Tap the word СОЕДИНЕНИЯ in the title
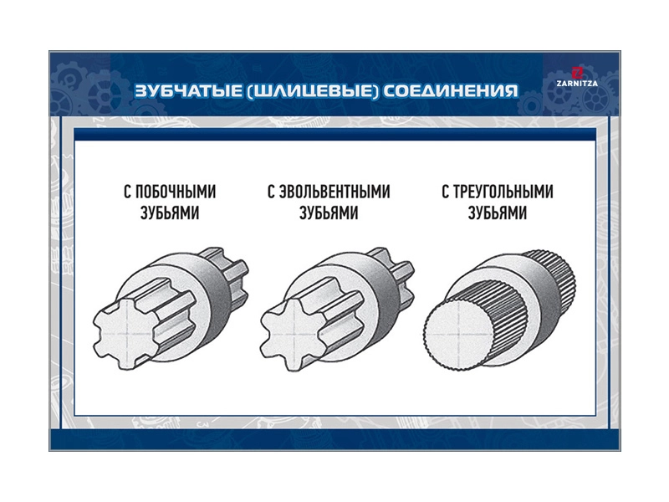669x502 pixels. (x=451, y=90)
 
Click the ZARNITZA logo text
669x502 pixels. (x=577, y=84)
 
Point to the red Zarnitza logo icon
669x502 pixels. (x=577, y=73)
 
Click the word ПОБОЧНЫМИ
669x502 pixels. (x=176, y=192)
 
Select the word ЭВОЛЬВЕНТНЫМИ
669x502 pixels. (x=334, y=192)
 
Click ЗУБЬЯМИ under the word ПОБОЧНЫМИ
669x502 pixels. (x=170, y=213)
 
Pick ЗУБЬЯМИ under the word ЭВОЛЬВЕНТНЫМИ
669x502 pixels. (x=329, y=213)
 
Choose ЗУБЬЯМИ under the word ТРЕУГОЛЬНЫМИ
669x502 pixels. (x=498, y=213)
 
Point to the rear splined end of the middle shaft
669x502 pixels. (x=398, y=274)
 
